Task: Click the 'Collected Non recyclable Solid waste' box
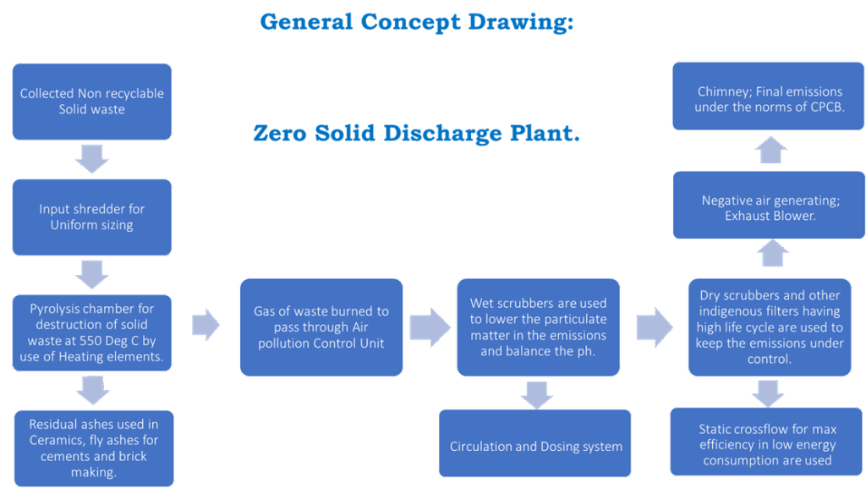click(x=91, y=102)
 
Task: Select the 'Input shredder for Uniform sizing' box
click(x=91, y=217)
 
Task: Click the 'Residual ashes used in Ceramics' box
click(x=93, y=448)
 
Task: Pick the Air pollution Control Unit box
click(x=321, y=327)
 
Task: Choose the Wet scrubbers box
click(x=538, y=327)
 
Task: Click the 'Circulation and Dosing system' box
click(x=535, y=446)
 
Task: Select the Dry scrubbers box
click(x=769, y=327)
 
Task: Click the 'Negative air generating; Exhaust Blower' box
click(x=769, y=207)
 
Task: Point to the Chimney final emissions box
click(x=769, y=100)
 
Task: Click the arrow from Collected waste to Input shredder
click(x=91, y=158)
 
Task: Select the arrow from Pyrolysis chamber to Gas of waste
click(x=206, y=323)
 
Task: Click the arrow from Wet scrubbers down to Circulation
click(x=537, y=394)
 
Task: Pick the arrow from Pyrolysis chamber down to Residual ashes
click(x=93, y=390)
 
